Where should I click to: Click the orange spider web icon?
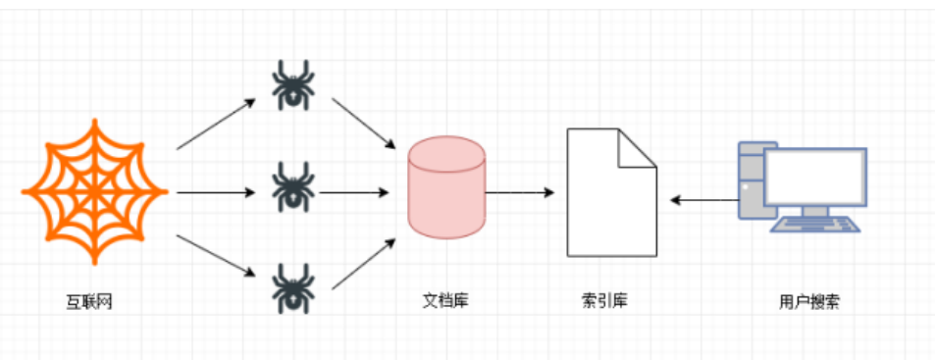coord(95,191)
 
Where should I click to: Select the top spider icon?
coord(292,84)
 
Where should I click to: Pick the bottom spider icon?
coord(292,286)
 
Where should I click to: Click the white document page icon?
coord(608,196)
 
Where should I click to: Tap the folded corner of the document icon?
coord(637,147)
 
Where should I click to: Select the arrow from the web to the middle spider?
coord(216,192)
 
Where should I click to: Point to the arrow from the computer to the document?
coord(704,201)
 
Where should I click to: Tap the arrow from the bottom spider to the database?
coord(369,263)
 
